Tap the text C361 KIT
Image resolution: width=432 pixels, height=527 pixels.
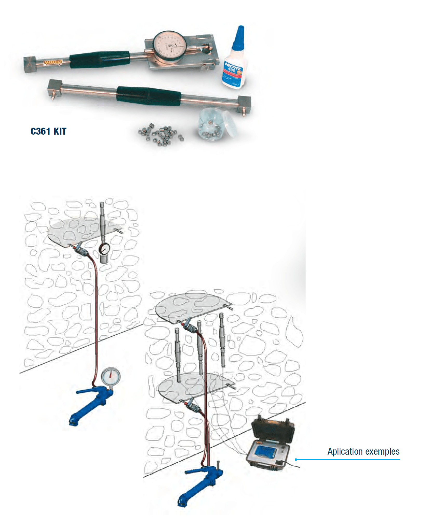click(49, 131)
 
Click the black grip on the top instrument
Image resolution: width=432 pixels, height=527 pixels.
click(100, 59)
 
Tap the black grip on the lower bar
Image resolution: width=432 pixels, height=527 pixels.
click(149, 95)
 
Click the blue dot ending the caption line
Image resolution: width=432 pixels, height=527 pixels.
click(296, 460)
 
